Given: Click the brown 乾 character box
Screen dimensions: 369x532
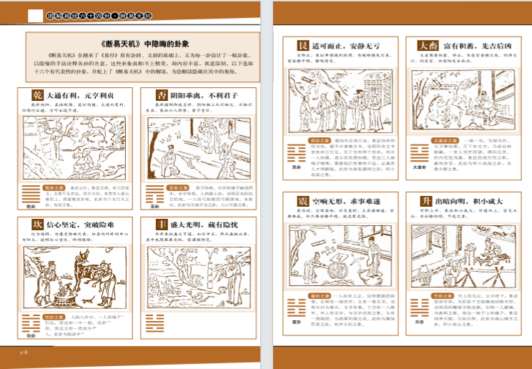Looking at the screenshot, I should pos(38,94).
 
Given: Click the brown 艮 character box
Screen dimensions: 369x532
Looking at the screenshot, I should pos(303,46).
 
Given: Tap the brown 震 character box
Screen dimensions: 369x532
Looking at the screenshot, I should pos(303,200).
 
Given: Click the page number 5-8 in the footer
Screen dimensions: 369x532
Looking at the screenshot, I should pos(23,353).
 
